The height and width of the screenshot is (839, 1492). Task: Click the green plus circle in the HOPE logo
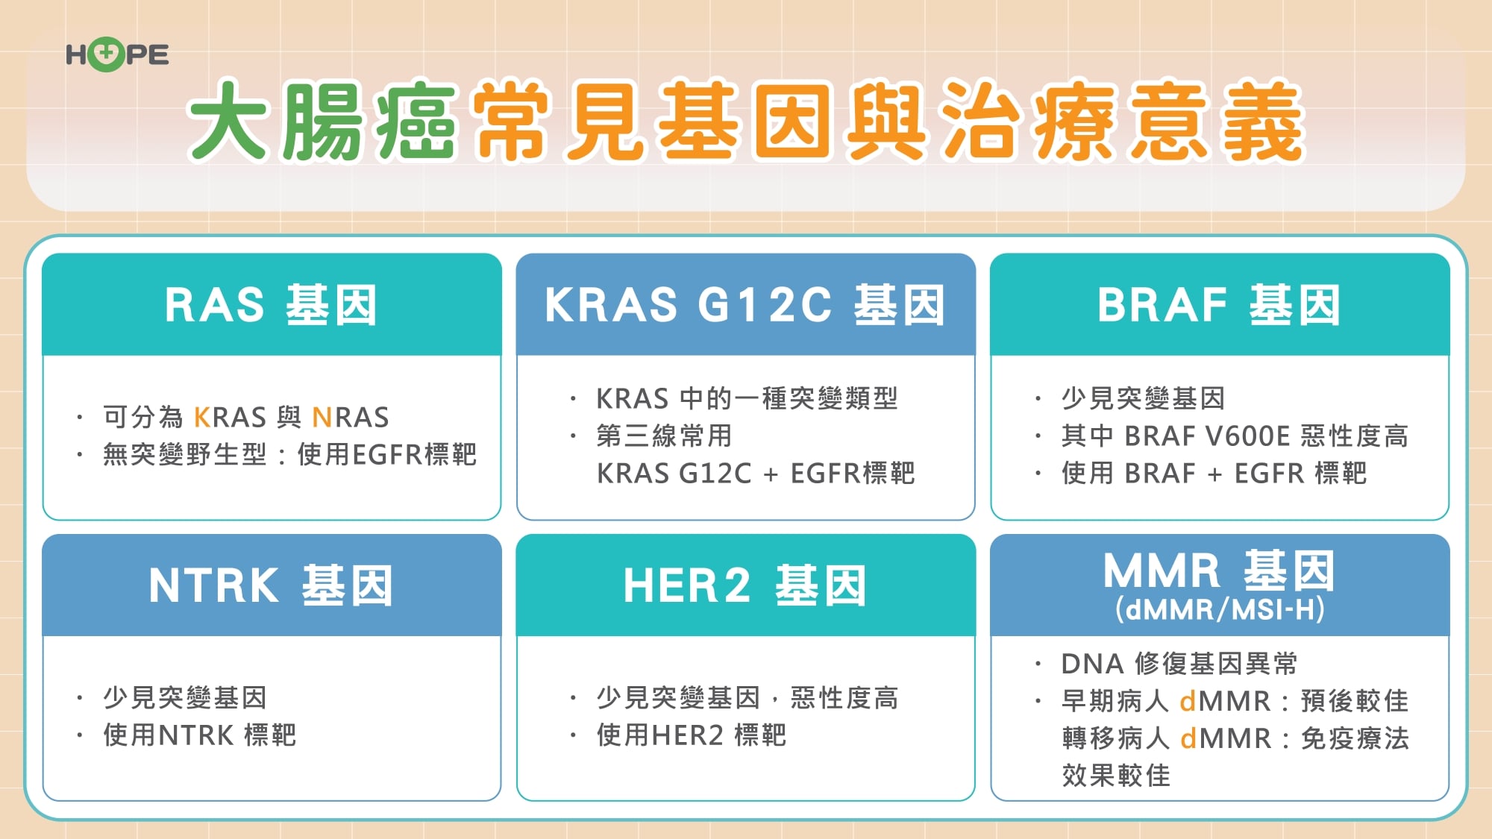[x=107, y=54]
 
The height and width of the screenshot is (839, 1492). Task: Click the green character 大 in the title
[x=228, y=121]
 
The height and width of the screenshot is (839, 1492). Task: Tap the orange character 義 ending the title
[x=1262, y=121]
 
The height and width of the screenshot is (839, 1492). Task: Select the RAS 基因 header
[x=271, y=305]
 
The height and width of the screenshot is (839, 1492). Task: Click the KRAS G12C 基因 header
[x=745, y=305]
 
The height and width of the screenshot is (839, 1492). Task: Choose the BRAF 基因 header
[x=1219, y=305]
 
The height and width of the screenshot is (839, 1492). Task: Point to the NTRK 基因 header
[x=271, y=585]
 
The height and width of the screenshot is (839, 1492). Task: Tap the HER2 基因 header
[x=745, y=585]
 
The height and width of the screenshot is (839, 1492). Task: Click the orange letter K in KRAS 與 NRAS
[x=201, y=418]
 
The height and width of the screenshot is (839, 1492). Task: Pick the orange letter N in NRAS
[x=321, y=418]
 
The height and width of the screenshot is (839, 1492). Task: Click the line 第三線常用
[x=664, y=436]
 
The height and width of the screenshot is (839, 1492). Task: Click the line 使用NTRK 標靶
[x=199, y=735]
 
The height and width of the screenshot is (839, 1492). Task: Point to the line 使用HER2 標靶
[x=691, y=735]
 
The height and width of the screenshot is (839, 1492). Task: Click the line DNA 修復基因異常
[x=1179, y=664]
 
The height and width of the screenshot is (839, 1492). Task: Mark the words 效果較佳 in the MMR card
[x=1116, y=776]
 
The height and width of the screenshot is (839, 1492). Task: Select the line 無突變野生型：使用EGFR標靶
[x=289, y=455]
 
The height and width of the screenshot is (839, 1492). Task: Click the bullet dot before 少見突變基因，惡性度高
[x=573, y=699]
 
